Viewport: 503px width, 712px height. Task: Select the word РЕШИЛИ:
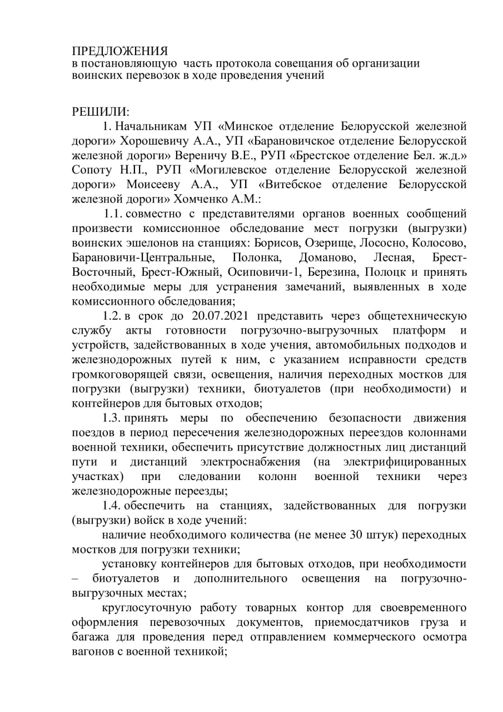click(101, 111)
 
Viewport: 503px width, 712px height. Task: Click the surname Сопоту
click(95, 169)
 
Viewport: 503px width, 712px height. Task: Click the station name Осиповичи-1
click(257, 272)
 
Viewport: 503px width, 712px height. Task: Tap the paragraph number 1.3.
click(112, 418)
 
